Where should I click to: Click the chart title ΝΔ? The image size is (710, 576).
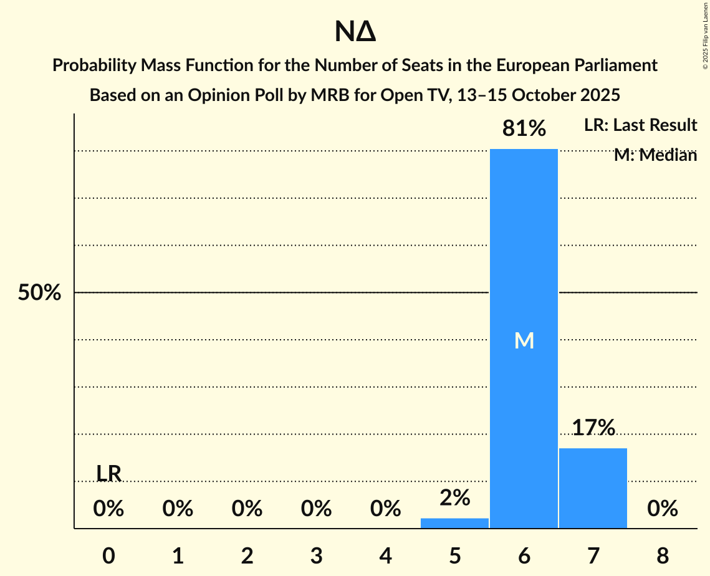(355, 32)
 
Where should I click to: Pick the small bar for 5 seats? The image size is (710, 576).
(454, 523)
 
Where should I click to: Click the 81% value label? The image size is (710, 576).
(524, 129)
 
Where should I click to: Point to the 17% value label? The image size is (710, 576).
(593, 428)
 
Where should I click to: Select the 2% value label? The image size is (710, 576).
(454, 497)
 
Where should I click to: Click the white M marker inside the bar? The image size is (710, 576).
(524, 340)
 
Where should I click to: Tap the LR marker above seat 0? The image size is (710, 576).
(108, 474)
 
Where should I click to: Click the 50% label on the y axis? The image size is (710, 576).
(39, 293)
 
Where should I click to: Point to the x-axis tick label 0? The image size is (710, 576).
(108, 555)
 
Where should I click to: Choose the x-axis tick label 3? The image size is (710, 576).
(316, 555)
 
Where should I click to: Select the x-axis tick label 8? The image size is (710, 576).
(662, 555)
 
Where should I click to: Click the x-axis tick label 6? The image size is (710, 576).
(524, 555)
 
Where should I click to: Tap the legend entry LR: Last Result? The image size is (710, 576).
(640, 125)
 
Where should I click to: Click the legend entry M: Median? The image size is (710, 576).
(655, 155)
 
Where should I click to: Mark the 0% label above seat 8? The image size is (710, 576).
(662, 509)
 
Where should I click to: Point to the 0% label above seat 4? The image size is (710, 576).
(385, 509)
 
